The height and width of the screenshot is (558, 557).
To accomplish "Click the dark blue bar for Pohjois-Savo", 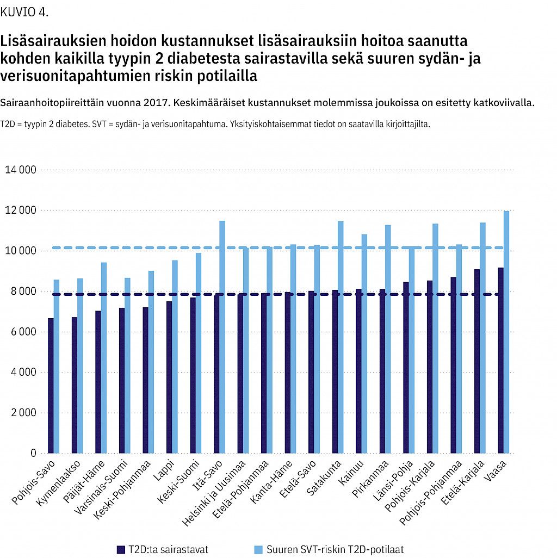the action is [51, 386].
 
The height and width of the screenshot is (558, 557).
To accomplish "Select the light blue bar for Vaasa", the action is [506, 332].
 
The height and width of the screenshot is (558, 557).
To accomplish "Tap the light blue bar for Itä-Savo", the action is [222, 337].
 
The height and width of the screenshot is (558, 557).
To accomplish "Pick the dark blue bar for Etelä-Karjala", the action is [477, 361].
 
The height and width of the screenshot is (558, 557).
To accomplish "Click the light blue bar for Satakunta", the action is [341, 337].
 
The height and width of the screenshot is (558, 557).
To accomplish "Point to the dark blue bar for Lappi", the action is [169, 377].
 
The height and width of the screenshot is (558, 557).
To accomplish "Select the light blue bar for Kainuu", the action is [364, 344].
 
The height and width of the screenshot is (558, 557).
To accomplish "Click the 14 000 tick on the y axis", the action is [21, 170].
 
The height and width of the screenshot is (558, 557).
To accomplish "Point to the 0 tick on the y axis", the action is [34, 453].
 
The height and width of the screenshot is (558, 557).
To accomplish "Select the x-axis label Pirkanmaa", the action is [370, 479].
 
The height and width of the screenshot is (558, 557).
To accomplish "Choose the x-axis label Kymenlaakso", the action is [59, 483].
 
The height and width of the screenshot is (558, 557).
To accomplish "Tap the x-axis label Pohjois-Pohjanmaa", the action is [431, 493].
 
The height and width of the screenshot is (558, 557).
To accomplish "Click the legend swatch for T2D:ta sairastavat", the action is [121, 549].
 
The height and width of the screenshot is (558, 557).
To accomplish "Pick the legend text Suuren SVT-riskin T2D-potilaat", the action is [335, 549].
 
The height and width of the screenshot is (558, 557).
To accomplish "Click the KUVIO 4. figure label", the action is [24, 13].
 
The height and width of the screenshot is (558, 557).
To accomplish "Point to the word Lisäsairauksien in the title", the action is [53, 41].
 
